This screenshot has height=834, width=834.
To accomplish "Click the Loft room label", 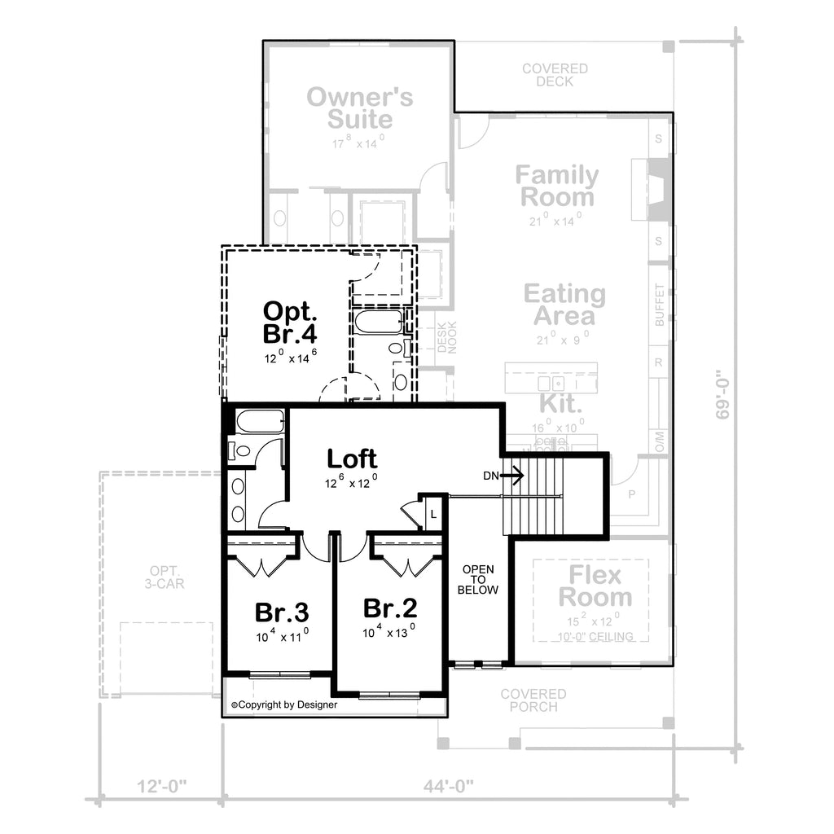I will click(352, 459).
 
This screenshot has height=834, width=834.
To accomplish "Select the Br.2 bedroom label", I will click(389, 608).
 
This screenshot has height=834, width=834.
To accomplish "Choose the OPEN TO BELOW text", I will click(477, 579).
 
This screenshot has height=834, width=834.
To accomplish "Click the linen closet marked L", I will click(433, 514).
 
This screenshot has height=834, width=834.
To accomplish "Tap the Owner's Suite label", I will click(359, 108).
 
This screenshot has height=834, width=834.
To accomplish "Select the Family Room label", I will click(557, 186).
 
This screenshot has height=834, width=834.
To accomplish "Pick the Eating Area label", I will click(564, 304).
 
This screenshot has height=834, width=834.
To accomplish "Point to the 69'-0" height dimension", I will click(721, 395).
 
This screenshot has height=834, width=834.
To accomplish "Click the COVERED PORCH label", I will click(533, 700).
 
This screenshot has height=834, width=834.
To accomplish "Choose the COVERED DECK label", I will click(555, 75).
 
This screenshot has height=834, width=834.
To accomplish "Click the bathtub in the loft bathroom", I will click(260, 422).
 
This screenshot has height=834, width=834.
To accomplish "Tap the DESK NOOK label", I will click(448, 336).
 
